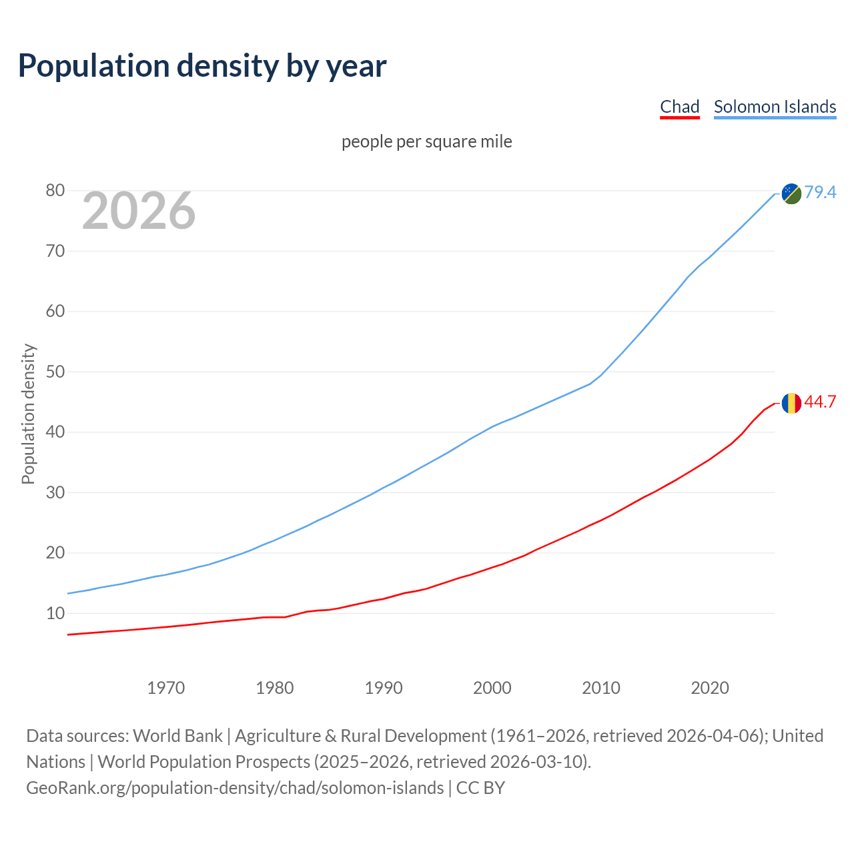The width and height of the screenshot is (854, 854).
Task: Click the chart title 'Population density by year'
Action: click(x=202, y=66)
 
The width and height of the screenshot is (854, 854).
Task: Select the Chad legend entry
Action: click(x=679, y=107)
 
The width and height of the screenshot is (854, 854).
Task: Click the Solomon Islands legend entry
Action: click(x=775, y=107)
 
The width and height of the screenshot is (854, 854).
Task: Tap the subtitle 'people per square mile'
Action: click(x=426, y=142)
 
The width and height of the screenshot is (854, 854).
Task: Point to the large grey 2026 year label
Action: click(x=139, y=211)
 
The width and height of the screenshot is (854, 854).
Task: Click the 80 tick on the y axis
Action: click(x=55, y=191)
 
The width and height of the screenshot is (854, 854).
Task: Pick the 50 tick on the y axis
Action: click(x=55, y=372)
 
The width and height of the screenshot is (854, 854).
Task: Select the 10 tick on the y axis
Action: click(x=55, y=613)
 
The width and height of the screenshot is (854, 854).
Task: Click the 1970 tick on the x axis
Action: click(x=165, y=688)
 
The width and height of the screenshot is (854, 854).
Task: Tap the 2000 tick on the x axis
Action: click(x=492, y=688)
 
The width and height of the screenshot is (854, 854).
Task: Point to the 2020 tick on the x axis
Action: click(x=710, y=688)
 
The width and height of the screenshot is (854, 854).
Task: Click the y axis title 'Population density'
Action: click(x=28, y=414)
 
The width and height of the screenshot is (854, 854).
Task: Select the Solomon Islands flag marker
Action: click(x=791, y=193)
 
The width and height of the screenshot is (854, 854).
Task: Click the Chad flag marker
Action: click(x=791, y=403)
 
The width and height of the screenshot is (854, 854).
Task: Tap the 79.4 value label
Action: click(x=820, y=193)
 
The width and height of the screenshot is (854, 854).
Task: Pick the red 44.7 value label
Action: click(x=820, y=402)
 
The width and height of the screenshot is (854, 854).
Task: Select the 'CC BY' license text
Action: click(x=480, y=788)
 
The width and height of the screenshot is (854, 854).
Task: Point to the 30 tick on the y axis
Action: click(x=55, y=492)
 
